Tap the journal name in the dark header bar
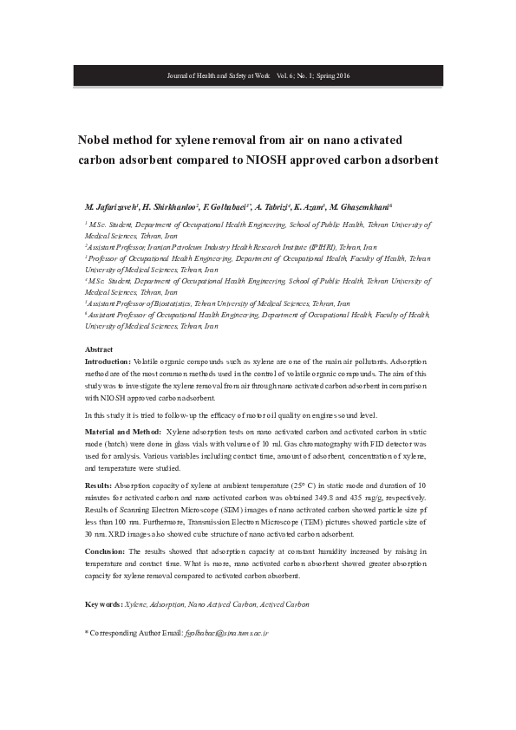[x=218, y=76]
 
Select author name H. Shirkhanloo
[x=169, y=207]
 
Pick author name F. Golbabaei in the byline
[x=226, y=207]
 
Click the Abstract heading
[x=98, y=349]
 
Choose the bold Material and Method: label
[x=123, y=431]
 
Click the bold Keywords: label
[x=104, y=603]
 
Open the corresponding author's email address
[x=227, y=634]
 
